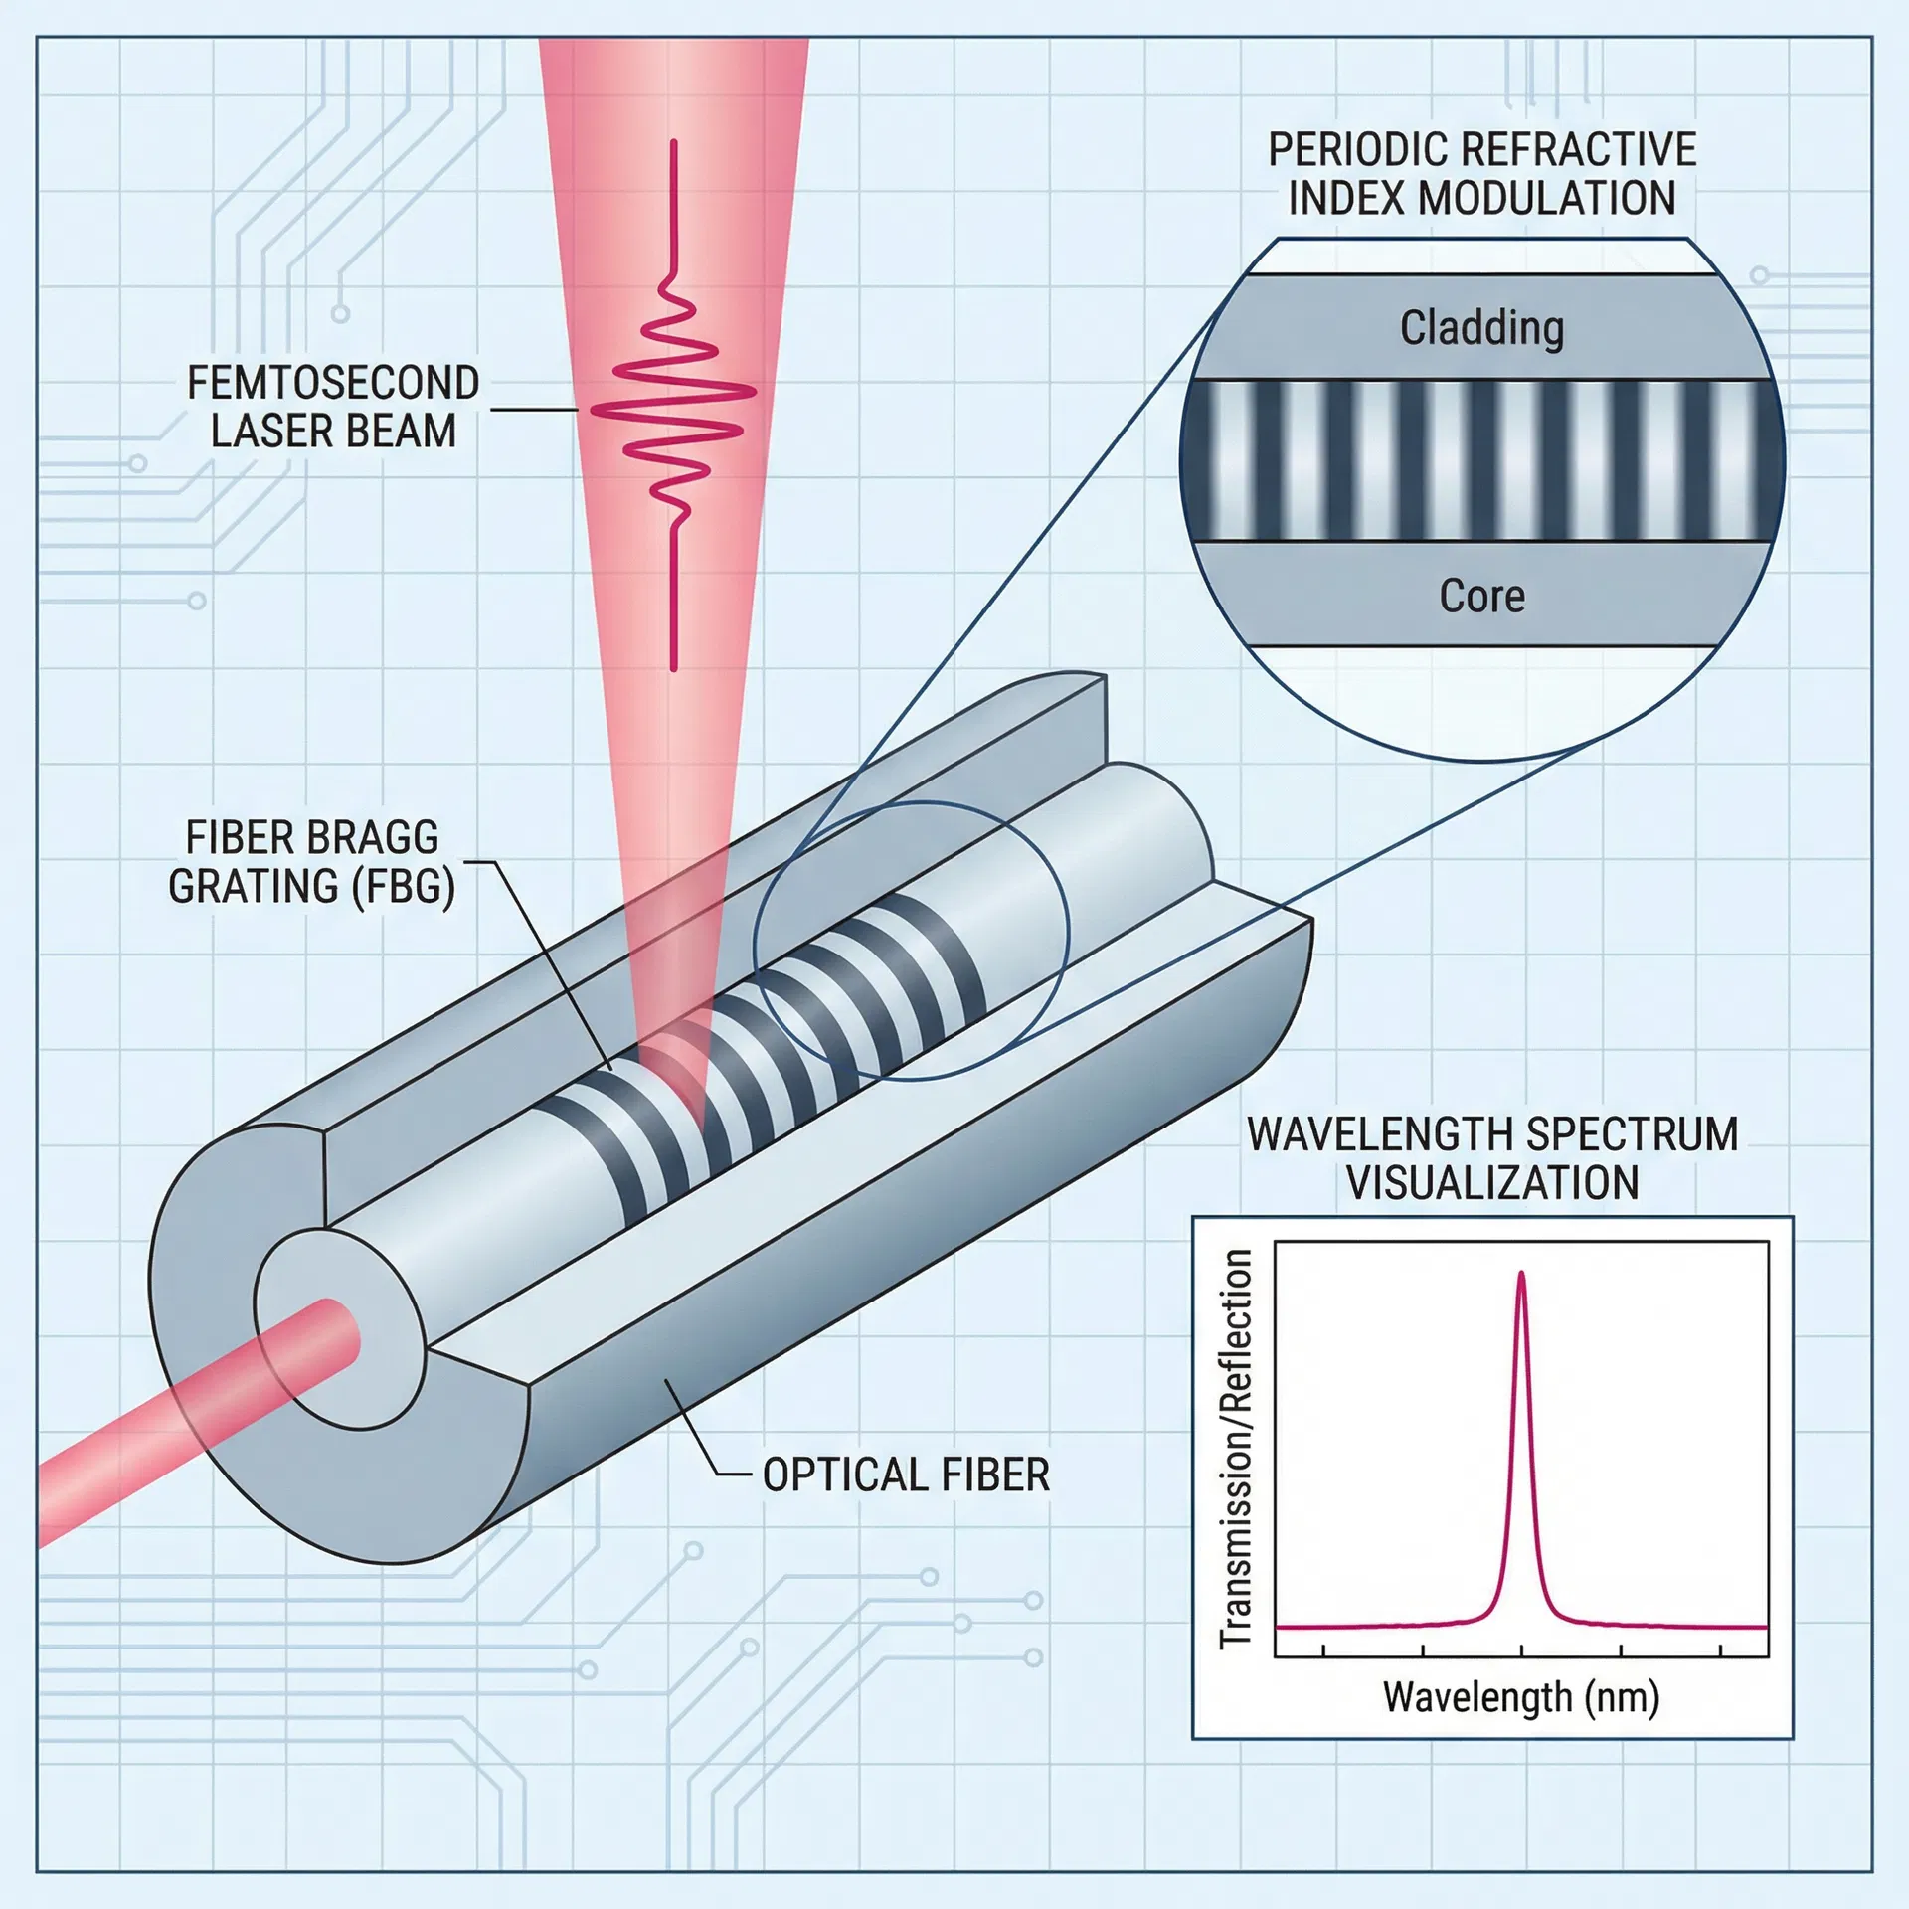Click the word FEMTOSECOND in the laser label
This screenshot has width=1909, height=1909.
pyautogui.click(x=333, y=383)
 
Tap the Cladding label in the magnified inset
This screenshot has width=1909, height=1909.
pyautogui.click(x=1481, y=328)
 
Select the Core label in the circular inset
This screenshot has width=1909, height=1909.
pyautogui.click(x=1481, y=596)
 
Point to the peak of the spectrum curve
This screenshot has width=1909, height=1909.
pyautogui.click(x=1521, y=1275)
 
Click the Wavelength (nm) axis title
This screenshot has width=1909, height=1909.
pyautogui.click(x=1521, y=1696)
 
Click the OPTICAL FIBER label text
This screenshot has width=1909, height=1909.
pyautogui.click(x=906, y=1475)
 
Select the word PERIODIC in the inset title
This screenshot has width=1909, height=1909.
pyautogui.click(x=1348, y=150)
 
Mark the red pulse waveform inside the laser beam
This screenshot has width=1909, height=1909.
pyautogui.click(x=674, y=408)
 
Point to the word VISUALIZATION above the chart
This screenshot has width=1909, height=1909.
pyautogui.click(x=1491, y=1183)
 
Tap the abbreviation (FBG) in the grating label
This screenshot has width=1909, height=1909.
pyautogui.click(x=403, y=886)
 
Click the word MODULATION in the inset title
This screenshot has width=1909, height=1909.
pyautogui.click(x=1546, y=198)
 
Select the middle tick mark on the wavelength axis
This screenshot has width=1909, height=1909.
pyautogui.click(x=1521, y=1651)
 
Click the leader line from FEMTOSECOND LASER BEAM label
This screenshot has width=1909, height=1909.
pyautogui.click(x=532, y=409)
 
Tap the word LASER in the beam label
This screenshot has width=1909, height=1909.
pyautogui.click(x=271, y=431)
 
